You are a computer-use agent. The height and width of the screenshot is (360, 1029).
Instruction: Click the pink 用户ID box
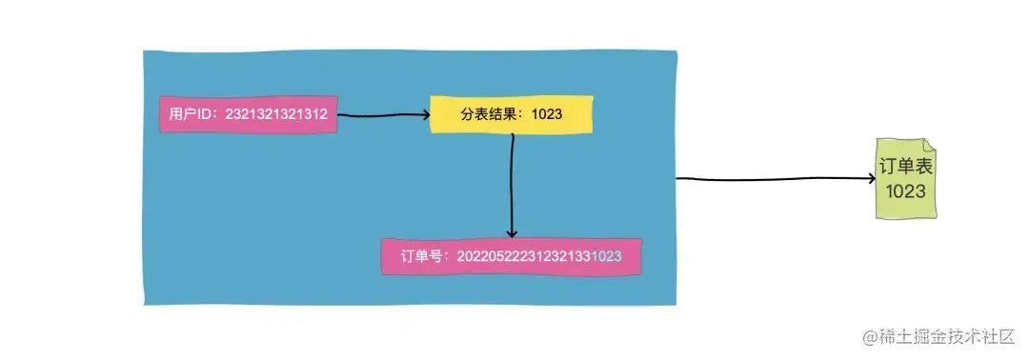pos(248,115)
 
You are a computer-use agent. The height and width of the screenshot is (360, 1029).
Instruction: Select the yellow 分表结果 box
pos(511,114)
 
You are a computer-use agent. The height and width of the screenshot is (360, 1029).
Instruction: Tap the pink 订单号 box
pos(511,256)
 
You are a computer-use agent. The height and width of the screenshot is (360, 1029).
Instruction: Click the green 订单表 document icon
pos(904,179)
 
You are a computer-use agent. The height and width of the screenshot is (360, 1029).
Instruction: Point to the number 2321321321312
pos(276,115)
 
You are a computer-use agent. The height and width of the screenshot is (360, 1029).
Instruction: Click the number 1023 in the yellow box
pos(547,114)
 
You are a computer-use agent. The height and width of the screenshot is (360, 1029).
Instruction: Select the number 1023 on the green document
pos(904,191)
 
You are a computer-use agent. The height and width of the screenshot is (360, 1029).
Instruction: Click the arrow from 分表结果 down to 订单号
pos(512,186)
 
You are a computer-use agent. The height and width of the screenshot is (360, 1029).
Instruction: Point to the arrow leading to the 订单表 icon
pos(772,178)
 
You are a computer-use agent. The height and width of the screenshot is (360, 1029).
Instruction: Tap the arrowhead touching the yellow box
pos(424,115)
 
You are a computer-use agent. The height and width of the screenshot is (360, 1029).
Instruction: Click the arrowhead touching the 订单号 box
pos(512,232)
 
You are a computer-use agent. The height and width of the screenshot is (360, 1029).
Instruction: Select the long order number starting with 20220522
pos(539,256)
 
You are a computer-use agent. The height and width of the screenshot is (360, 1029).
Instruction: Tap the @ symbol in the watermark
pos(870,335)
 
